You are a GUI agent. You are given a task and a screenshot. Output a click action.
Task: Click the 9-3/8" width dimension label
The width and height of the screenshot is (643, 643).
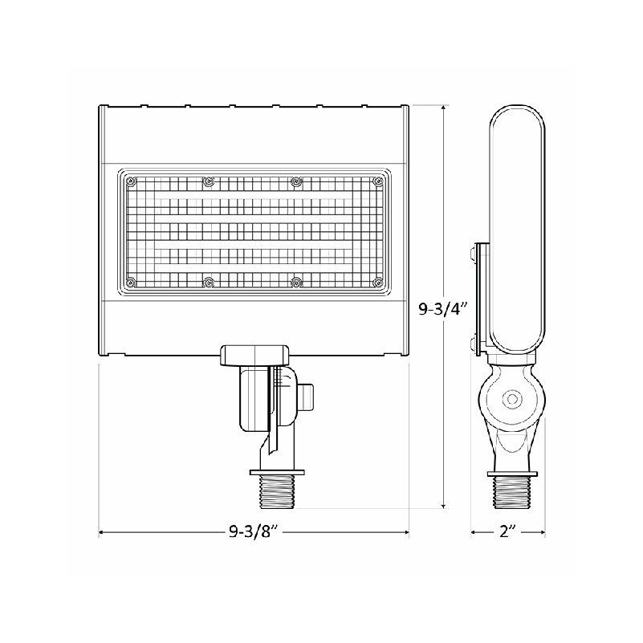pyautogui.click(x=254, y=532)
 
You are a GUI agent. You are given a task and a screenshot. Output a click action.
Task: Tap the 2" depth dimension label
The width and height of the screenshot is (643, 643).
pyautogui.click(x=507, y=532)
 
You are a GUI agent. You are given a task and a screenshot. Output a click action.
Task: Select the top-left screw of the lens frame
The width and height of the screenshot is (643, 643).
pyautogui.click(x=131, y=181)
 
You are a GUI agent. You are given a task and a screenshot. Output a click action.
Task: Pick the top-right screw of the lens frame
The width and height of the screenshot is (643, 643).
pyautogui.click(x=377, y=181)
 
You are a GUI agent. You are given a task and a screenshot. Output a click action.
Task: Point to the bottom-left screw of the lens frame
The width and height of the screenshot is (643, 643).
pyautogui.click(x=131, y=282)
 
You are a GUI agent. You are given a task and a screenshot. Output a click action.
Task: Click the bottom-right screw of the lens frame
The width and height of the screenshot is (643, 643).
pyautogui.click(x=377, y=282)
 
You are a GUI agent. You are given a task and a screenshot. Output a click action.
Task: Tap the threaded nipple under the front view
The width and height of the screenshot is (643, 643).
pyautogui.click(x=277, y=493)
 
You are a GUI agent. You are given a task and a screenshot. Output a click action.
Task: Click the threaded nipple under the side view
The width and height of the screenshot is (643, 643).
pyautogui.click(x=512, y=493)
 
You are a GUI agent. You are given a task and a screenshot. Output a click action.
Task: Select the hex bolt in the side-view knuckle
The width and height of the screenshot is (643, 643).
pyautogui.click(x=512, y=398)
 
